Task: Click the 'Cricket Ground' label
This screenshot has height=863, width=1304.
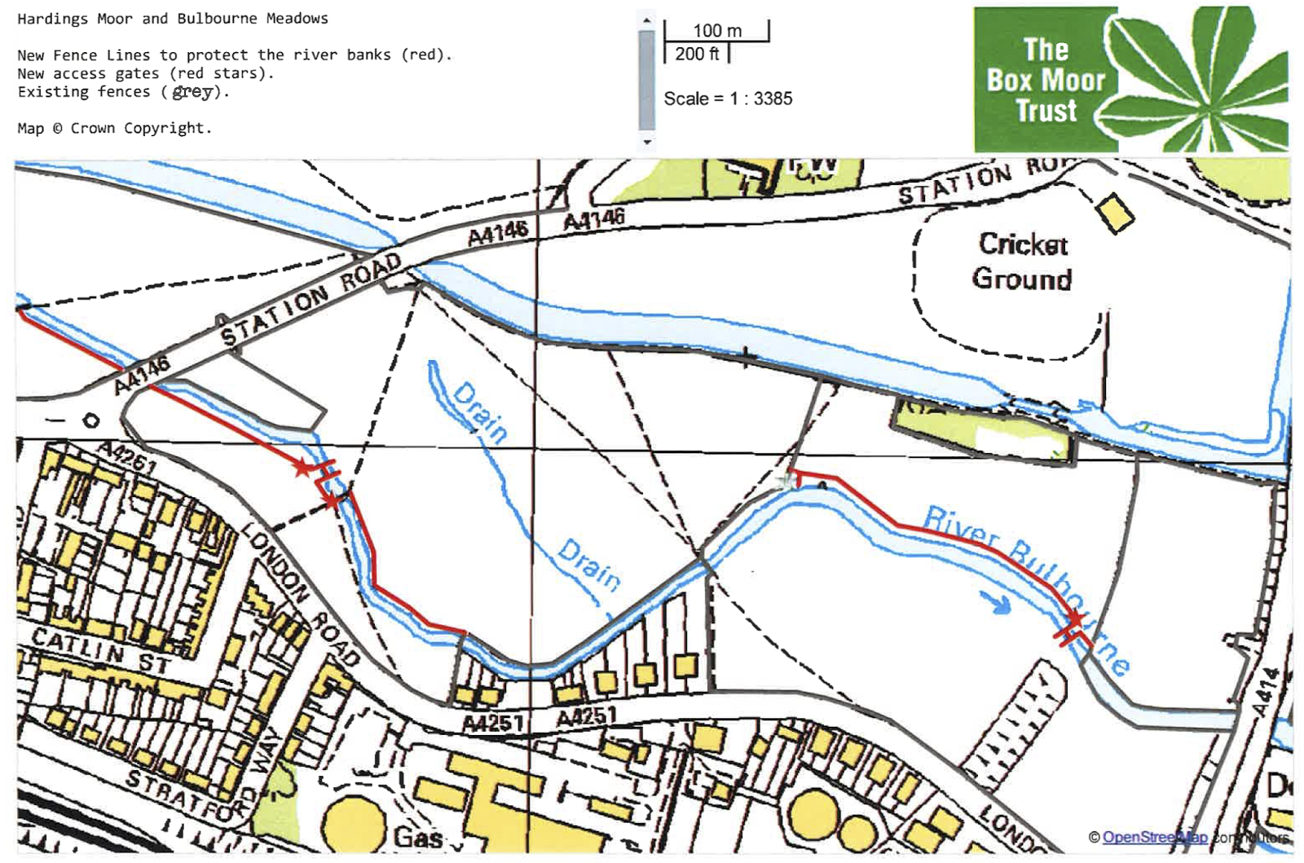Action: [1022, 262]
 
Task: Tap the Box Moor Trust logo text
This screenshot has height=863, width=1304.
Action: [1046, 80]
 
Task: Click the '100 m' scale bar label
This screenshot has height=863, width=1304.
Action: [717, 31]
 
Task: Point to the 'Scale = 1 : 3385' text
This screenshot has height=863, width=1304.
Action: [728, 99]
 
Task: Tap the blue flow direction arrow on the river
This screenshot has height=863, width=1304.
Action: [995, 604]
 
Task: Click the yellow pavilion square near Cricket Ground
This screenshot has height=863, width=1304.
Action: [1115, 213]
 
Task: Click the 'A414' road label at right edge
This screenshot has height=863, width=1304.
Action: [1265, 693]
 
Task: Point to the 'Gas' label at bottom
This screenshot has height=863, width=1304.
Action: [418, 837]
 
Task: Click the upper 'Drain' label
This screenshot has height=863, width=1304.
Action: [480, 412]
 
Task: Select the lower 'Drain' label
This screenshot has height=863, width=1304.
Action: [589, 563]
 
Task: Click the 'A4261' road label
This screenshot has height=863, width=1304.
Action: [126, 456]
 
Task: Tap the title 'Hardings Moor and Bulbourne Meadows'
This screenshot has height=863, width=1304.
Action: [173, 18]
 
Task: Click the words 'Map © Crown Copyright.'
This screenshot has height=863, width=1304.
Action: [114, 128]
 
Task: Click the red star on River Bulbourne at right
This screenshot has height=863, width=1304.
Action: [1075, 620]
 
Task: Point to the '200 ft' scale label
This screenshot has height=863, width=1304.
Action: [697, 54]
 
